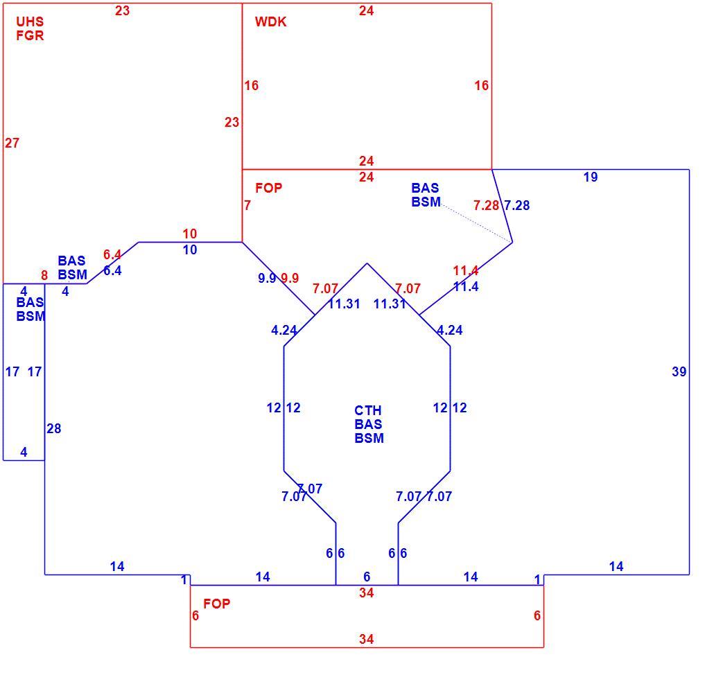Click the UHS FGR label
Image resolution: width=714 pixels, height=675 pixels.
pyautogui.click(x=30, y=28)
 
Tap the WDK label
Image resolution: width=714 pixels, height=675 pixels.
pyautogui.click(x=270, y=22)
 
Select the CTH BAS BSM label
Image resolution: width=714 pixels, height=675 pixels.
pyautogui.click(x=369, y=424)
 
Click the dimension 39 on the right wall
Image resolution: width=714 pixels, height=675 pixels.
pyautogui.click(x=679, y=372)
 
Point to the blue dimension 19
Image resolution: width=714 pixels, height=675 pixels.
pyautogui.click(x=591, y=177)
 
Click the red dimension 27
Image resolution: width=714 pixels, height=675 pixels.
pyautogui.click(x=12, y=143)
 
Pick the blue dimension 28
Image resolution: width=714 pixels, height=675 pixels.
pyautogui.click(x=54, y=428)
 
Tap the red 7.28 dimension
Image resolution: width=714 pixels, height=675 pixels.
pyautogui.click(x=487, y=205)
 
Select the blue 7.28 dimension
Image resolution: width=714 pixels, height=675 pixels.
pyautogui.click(x=517, y=205)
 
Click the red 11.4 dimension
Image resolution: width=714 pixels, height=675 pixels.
pyautogui.click(x=465, y=271)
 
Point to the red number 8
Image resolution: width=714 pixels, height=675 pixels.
pyautogui.click(x=44, y=275)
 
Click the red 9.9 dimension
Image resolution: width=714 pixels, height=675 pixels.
pyautogui.click(x=290, y=278)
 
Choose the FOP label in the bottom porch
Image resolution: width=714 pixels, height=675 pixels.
pyautogui.click(x=217, y=604)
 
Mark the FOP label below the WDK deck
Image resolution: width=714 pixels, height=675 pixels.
pyautogui.click(x=269, y=188)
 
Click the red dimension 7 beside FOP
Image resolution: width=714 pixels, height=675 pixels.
pyautogui.click(x=247, y=205)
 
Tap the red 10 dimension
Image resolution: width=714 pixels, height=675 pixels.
pyautogui.click(x=190, y=234)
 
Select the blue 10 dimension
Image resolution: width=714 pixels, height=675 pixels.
pyautogui.click(x=190, y=250)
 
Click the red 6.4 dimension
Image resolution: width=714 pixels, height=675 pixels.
pyautogui.click(x=112, y=254)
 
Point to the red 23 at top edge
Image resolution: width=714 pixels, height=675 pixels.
pyautogui.click(x=122, y=10)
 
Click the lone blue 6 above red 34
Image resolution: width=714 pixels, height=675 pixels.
pyautogui.click(x=367, y=577)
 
